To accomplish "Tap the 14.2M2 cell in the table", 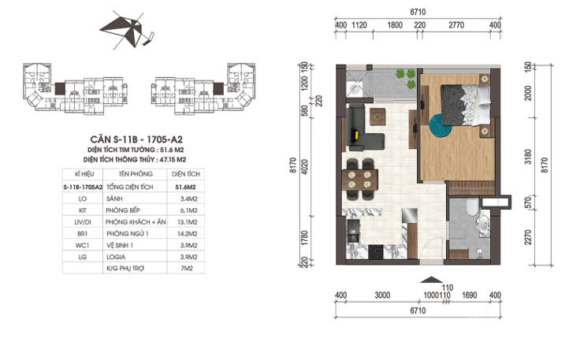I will [x=186, y=234].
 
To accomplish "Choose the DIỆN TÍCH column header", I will [x=185, y=173].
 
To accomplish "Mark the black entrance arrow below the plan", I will [x=429, y=278].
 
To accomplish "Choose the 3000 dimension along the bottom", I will [x=382, y=295].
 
